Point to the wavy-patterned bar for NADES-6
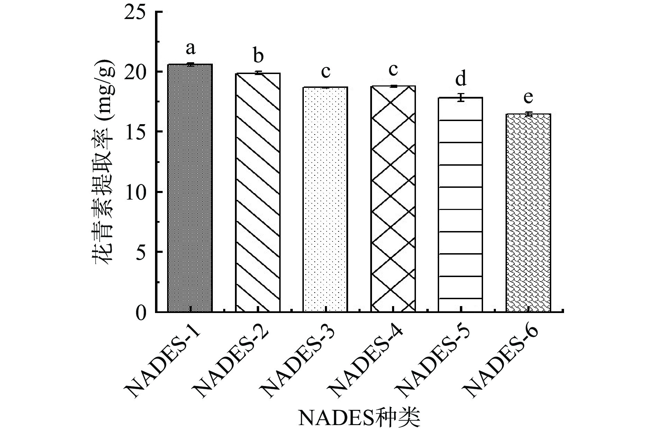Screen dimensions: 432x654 click(528, 213)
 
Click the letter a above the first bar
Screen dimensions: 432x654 click(190, 49)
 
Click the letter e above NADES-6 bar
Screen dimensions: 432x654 click(528, 98)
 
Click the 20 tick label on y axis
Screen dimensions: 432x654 click(136, 73)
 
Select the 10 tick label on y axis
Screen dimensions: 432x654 click(136, 193)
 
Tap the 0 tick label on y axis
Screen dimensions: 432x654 click(141, 313)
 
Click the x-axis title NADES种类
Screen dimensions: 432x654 click(359, 418)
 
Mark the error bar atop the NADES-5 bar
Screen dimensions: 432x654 click(461, 98)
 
